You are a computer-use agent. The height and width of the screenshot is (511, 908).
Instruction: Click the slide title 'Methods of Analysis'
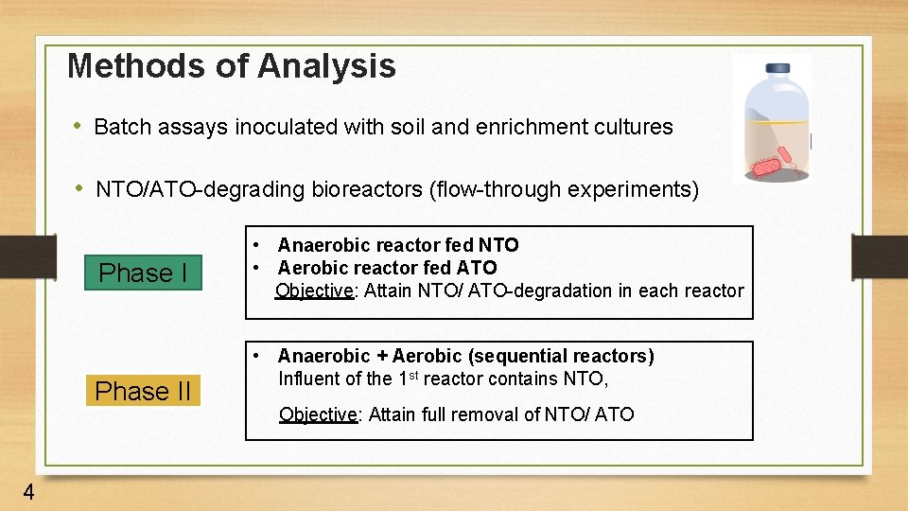[232, 65]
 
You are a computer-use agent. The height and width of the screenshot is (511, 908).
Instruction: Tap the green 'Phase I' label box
[143, 273]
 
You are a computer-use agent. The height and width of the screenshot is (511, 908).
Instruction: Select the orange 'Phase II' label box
[143, 391]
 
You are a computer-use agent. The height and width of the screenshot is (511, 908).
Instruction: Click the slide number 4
[29, 492]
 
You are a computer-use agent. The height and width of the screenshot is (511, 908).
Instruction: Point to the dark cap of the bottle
[777, 69]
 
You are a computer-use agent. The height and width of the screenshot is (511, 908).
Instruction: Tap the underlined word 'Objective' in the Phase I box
[313, 291]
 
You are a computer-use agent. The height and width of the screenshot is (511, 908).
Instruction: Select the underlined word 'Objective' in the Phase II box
[318, 414]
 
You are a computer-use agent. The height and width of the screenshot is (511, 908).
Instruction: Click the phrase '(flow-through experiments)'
[564, 189]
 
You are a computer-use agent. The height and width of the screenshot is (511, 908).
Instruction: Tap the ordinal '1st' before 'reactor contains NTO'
[408, 378]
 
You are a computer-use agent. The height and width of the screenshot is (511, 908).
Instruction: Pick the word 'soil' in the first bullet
[408, 127]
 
